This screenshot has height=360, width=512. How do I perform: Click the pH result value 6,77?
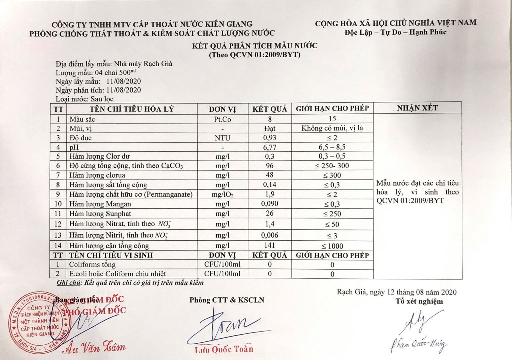270,147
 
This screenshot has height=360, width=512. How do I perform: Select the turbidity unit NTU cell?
222,138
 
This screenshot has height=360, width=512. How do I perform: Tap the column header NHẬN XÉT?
417,108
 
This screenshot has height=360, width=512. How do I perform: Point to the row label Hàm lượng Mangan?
100,204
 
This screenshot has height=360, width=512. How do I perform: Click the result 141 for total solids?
270,245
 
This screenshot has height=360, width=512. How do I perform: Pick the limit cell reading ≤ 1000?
332,246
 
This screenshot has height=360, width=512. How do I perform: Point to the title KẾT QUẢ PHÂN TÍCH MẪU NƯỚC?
255,46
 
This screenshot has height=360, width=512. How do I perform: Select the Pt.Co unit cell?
222,119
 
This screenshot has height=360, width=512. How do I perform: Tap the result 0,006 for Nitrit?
270,235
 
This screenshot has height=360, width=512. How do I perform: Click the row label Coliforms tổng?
92,265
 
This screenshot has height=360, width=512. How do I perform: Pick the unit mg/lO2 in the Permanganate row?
222,195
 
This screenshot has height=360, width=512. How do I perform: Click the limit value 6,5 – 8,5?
332,147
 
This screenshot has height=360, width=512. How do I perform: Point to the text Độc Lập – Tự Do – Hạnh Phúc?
396,32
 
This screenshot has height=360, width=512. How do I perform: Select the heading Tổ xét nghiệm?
419,301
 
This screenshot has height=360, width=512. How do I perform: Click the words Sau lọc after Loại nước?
102,99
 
